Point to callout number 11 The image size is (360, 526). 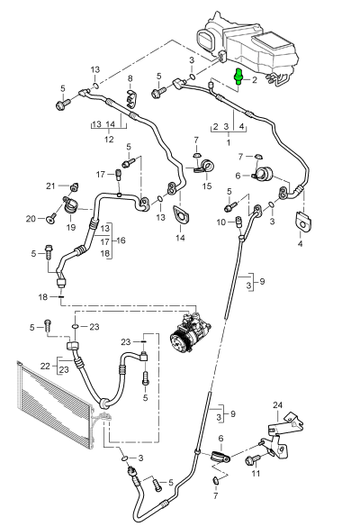(x=256, y=472)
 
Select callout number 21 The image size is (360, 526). (x=51, y=186)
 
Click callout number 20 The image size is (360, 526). (x=30, y=218)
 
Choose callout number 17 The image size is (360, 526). (x=101, y=173)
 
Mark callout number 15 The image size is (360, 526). (x=206, y=186)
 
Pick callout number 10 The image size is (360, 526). (x=219, y=222)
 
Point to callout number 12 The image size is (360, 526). (x=107, y=139)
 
